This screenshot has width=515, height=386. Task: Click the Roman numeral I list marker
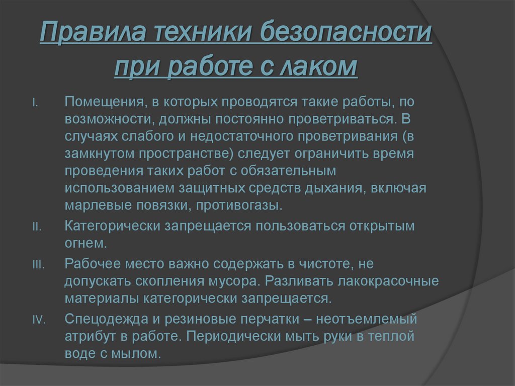tap(35, 103)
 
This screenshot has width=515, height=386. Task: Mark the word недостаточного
tap(199, 137)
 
